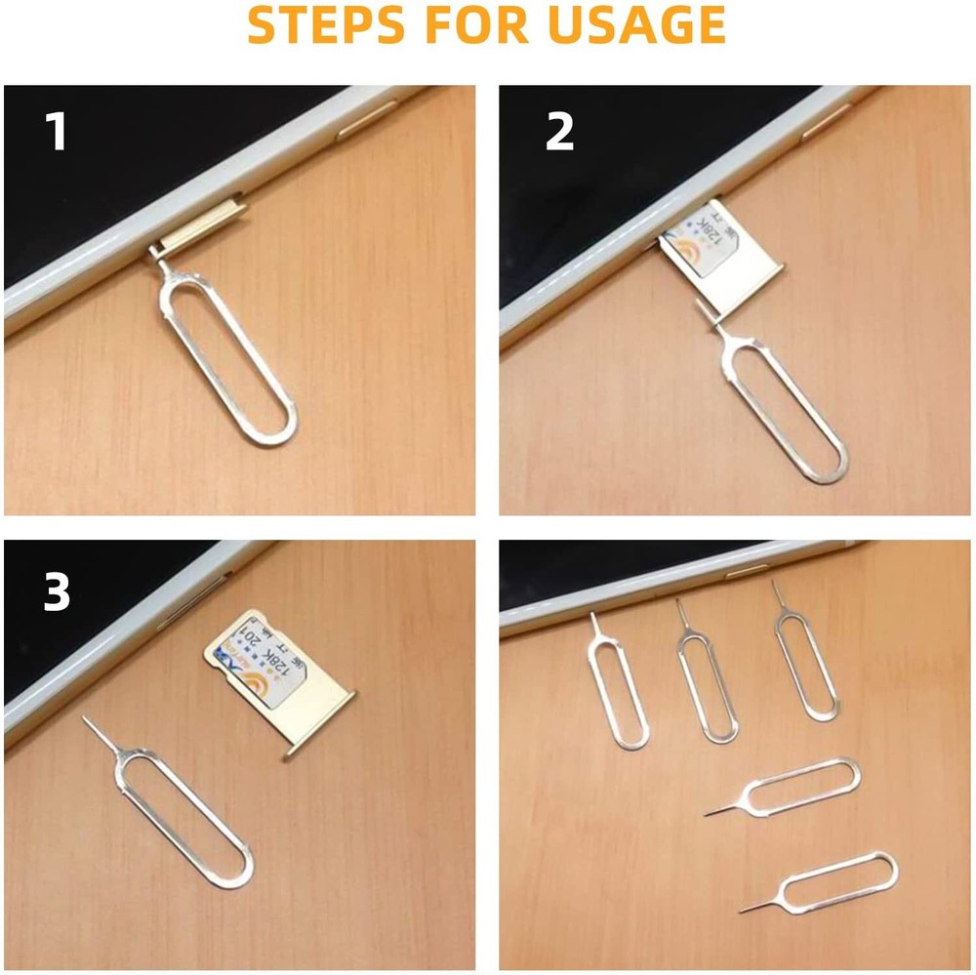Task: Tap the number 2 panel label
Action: coord(559,132)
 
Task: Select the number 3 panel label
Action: coord(57,592)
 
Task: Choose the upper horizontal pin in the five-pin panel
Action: coord(800,786)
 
